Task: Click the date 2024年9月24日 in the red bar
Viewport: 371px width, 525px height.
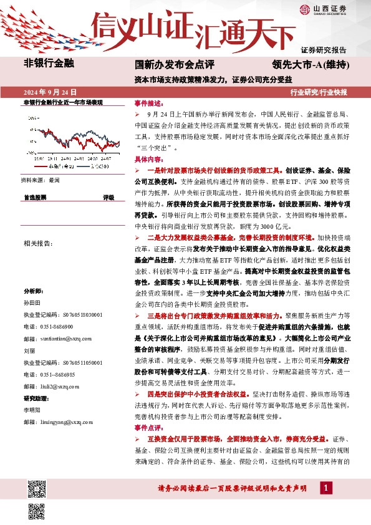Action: (50, 92)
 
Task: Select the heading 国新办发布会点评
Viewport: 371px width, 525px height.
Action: (175, 64)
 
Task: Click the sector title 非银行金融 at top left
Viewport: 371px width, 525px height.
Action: (49, 63)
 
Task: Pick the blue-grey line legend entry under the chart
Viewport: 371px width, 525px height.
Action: (94, 167)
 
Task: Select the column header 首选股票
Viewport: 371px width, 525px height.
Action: (35, 197)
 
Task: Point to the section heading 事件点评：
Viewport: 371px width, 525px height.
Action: (148, 428)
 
